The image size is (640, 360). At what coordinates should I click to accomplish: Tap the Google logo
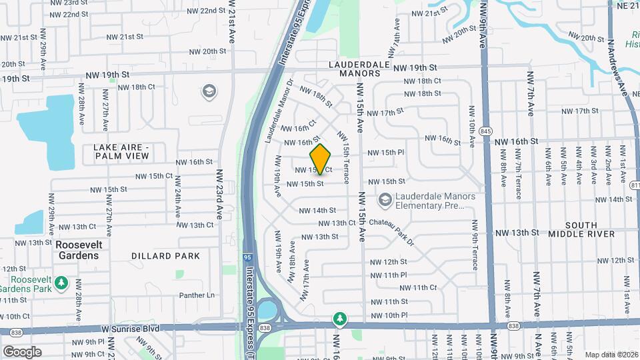coord(23,351)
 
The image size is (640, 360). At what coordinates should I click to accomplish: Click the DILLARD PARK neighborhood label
coord(165,256)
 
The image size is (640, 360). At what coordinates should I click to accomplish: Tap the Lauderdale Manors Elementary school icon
coord(385,200)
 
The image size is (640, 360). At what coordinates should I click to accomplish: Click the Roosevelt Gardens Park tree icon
coord(61,283)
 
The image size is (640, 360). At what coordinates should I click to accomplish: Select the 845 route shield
coord(485,132)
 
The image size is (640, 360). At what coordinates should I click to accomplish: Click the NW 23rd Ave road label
coord(219,194)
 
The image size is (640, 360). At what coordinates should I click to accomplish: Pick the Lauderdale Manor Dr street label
coord(279,112)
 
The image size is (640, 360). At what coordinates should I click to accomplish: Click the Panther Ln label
coord(197,295)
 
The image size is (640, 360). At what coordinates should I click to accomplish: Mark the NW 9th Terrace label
coord(475,246)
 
